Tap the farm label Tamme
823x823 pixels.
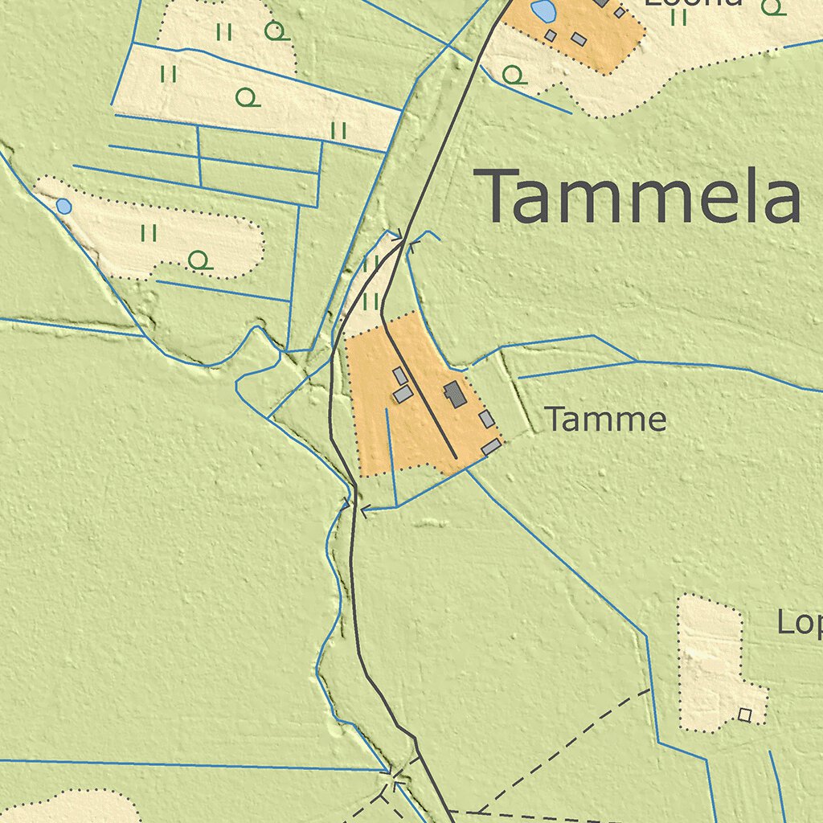coord(605,420)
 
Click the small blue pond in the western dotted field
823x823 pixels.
coord(63,207)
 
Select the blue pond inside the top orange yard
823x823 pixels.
coord(543,11)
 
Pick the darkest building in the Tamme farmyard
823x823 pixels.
coord(454,394)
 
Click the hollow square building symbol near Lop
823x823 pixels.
coord(745,714)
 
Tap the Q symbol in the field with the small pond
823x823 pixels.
coord(199,260)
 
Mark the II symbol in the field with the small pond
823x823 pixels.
coord(149,233)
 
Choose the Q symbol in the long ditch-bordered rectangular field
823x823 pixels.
coord(248,98)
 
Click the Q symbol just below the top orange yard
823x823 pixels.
coord(513,76)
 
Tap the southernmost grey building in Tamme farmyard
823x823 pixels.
coord(491,447)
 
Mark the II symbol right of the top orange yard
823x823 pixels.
coord(679,16)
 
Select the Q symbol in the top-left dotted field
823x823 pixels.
coord(276,31)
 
